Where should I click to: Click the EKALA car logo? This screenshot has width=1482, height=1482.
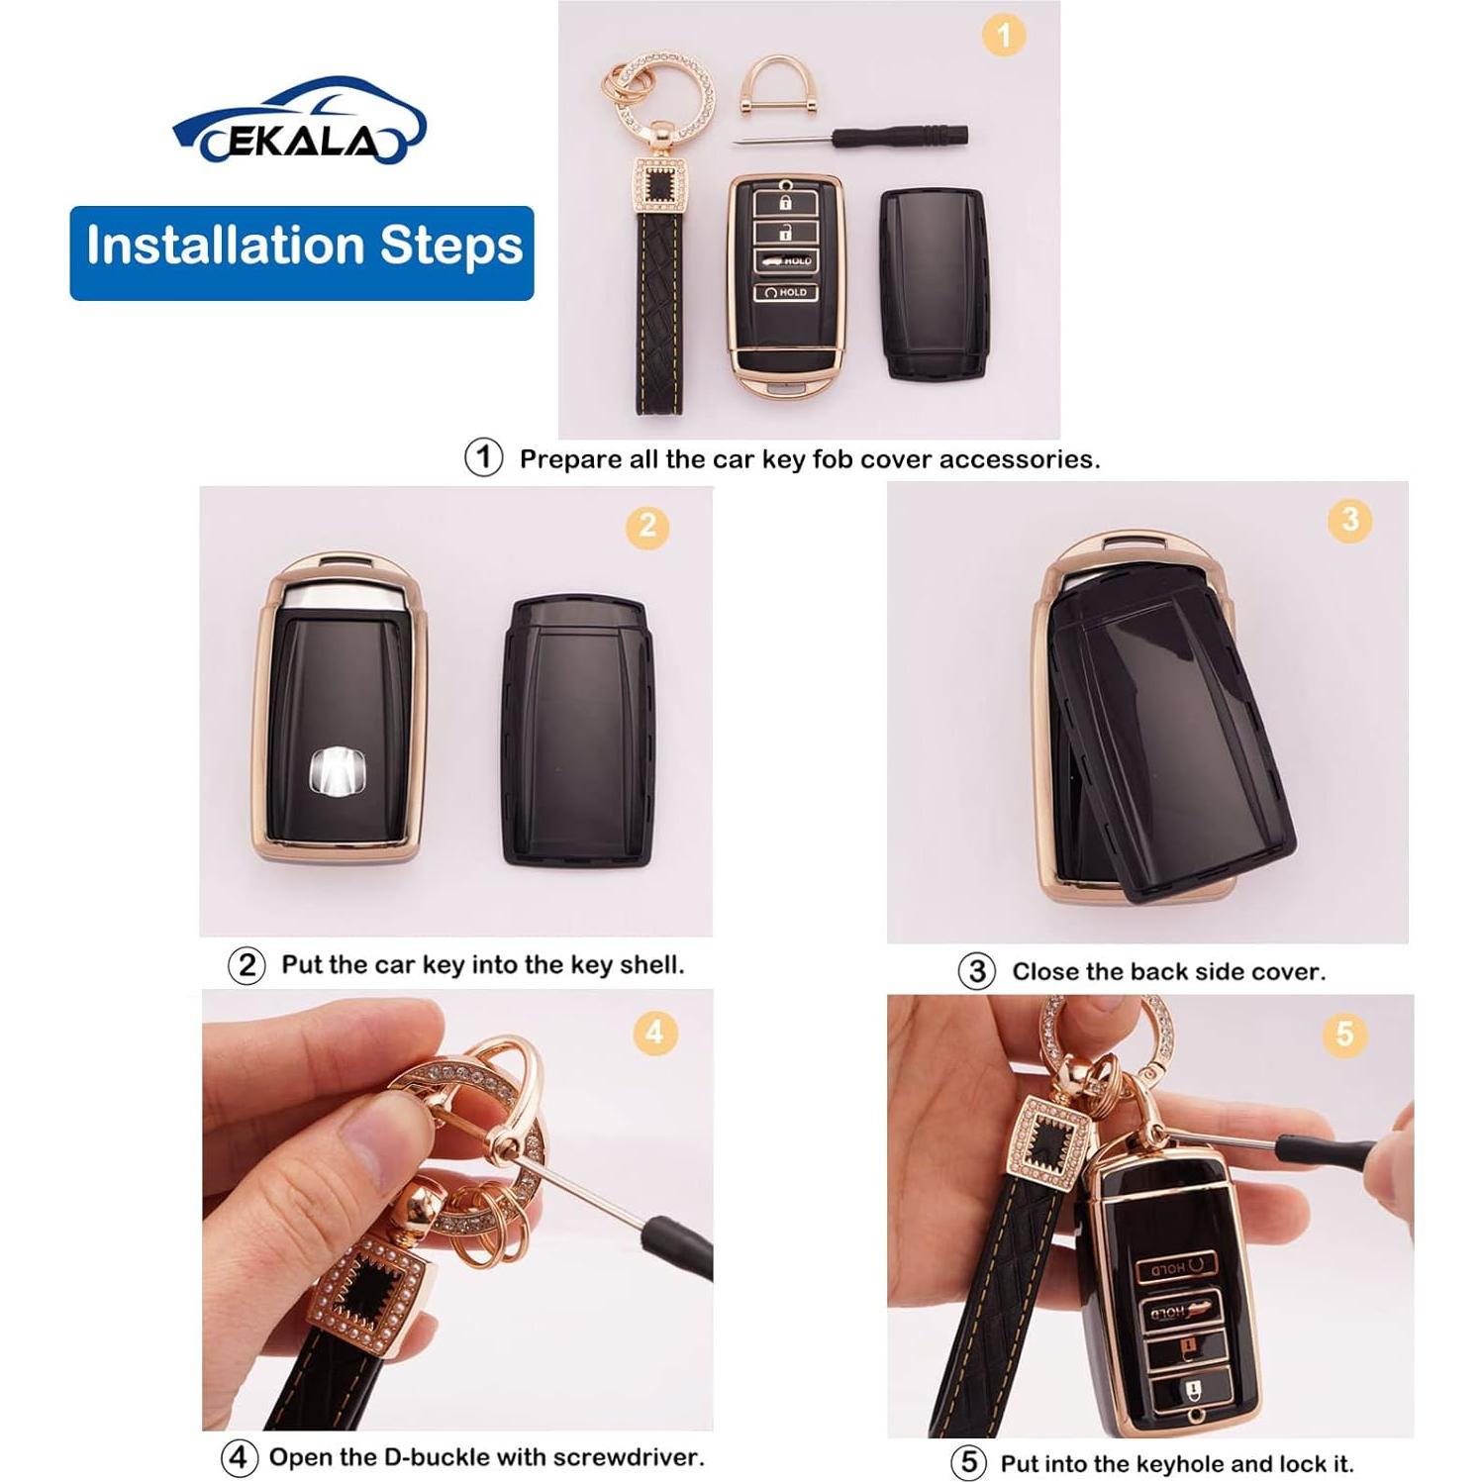[x=299, y=123]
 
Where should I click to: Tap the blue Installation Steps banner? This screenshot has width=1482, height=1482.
[x=302, y=252]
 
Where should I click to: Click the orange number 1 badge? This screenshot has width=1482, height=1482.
[x=1003, y=37]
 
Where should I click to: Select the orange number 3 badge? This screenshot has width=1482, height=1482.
[x=1349, y=520]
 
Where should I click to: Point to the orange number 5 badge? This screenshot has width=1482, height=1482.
[x=1343, y=1035]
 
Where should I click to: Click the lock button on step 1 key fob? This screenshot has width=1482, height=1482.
[x=784, y=202]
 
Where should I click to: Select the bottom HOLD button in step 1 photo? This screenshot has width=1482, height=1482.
[x=785, y=292]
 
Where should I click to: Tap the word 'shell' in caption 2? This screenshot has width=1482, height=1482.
[x=650, y=964]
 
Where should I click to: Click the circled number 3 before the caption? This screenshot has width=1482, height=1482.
[x=976, y=971]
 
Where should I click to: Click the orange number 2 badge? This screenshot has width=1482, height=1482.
[x=647, y=526]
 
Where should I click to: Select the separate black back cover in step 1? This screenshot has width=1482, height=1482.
[x=934, y=283]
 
